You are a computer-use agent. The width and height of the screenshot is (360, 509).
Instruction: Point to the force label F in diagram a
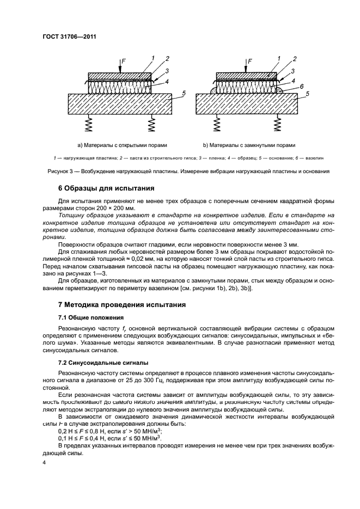point(123,63)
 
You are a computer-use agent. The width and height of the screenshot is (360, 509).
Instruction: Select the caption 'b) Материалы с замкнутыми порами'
point(249,145)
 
